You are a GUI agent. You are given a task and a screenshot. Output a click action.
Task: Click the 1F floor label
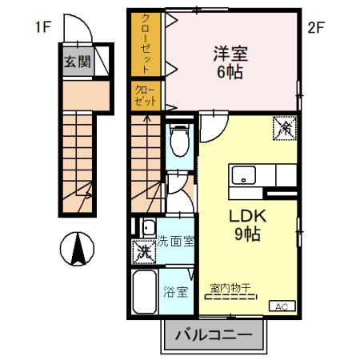42,27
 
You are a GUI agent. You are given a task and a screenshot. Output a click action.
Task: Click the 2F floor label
317,27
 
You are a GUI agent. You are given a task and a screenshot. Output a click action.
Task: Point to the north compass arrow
78,249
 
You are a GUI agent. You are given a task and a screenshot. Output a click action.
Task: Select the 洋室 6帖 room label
230,62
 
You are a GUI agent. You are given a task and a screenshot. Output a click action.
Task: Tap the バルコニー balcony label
214,336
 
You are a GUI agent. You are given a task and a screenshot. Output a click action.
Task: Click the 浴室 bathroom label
176,291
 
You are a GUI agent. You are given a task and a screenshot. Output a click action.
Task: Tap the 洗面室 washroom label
174,240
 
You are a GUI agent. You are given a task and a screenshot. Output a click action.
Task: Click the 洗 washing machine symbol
143,250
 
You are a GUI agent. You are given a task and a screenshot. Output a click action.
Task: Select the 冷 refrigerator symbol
285,126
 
